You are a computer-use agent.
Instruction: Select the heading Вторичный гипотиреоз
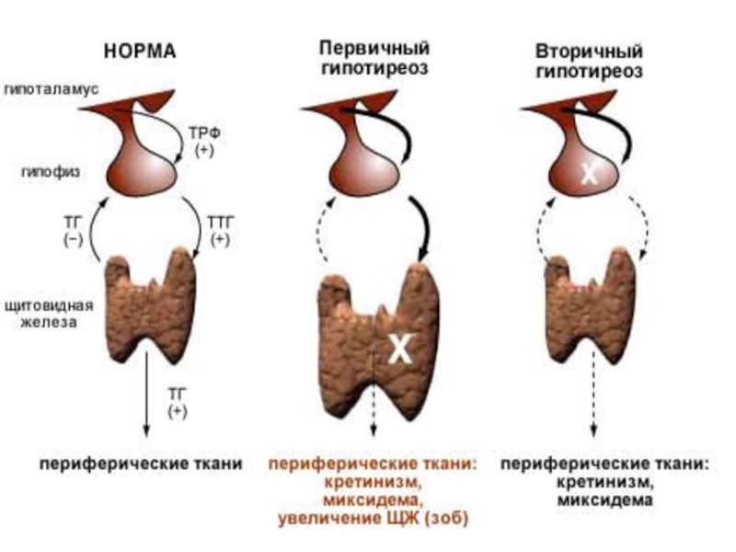pos(590,59)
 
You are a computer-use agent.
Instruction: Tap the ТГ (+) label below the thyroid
pos(177,402)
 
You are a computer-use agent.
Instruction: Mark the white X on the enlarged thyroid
pos(398,348)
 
